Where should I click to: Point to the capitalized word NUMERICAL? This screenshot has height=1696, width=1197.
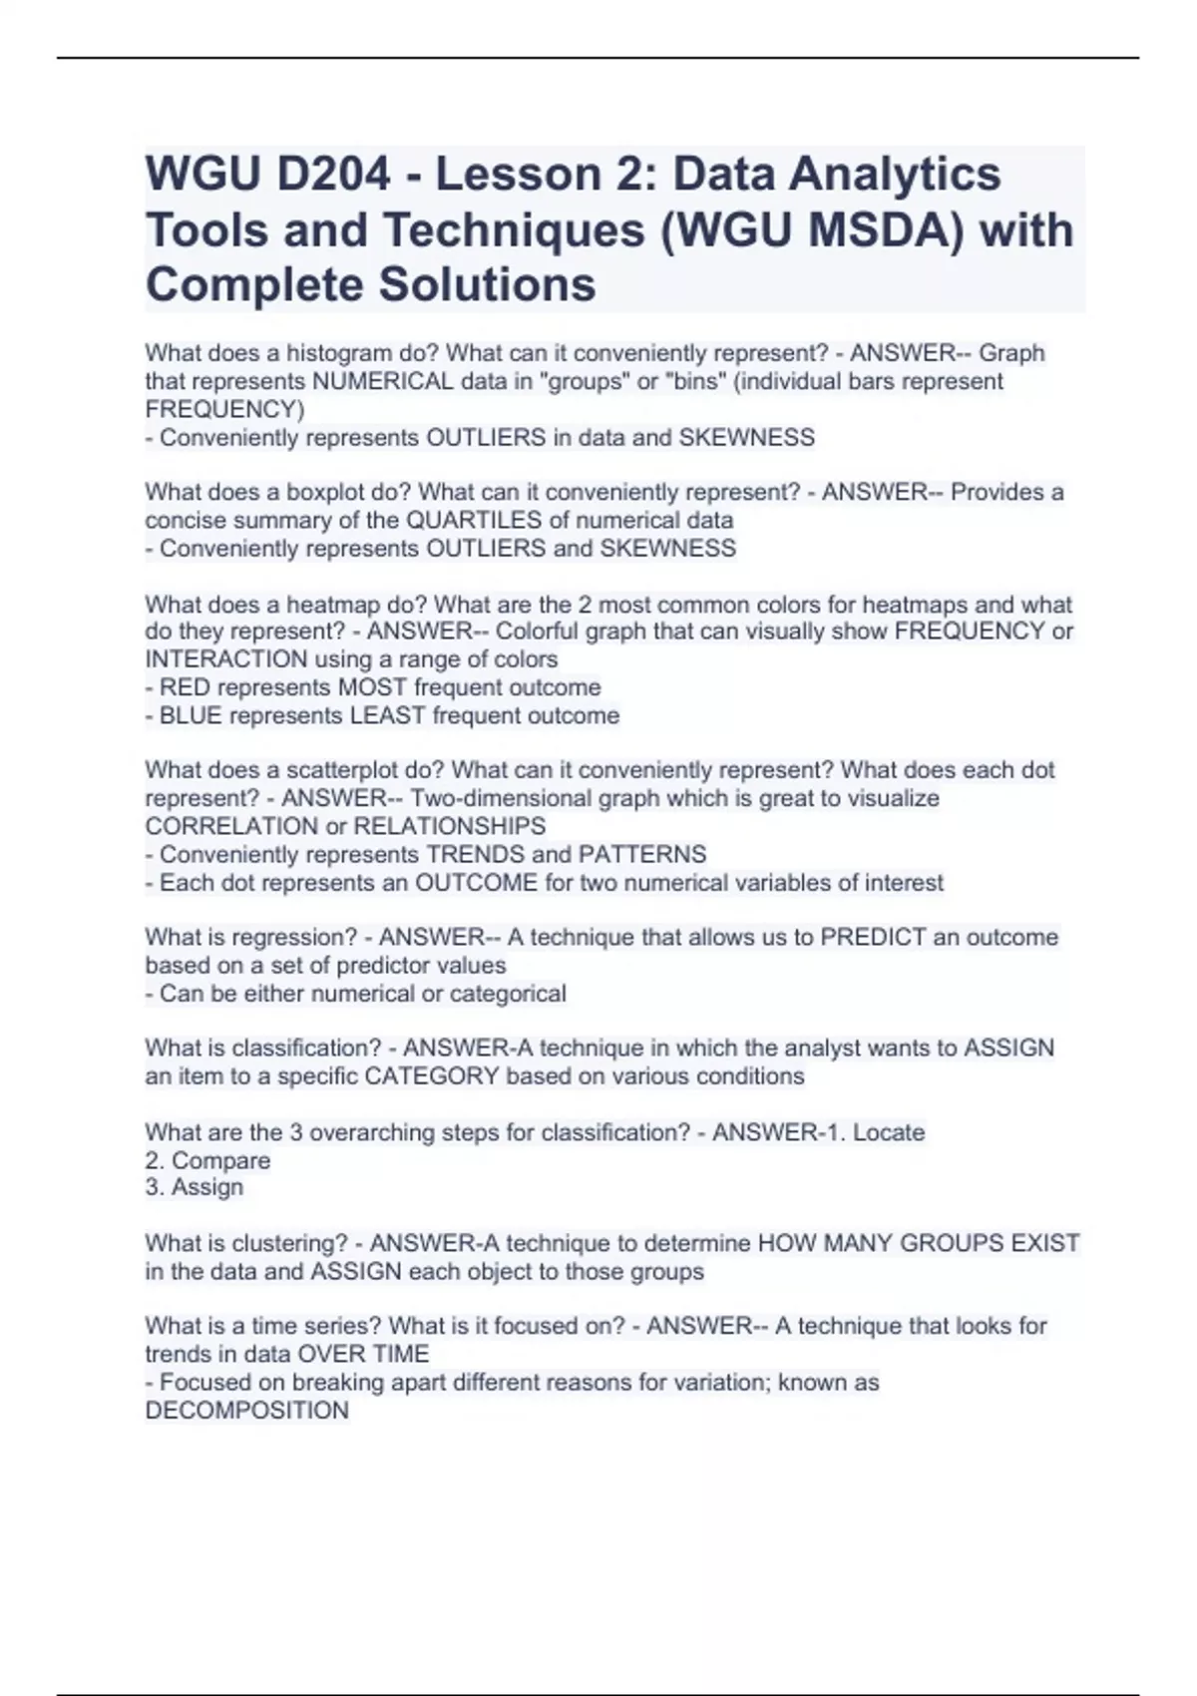tap(382, 381)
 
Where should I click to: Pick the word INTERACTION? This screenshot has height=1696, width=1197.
tap(226, 659)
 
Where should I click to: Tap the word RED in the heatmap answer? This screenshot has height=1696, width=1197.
tap(185, 687)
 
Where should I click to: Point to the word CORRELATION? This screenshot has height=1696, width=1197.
tap(231, 826)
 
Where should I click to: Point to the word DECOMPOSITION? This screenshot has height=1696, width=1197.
tap(247, 1411)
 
